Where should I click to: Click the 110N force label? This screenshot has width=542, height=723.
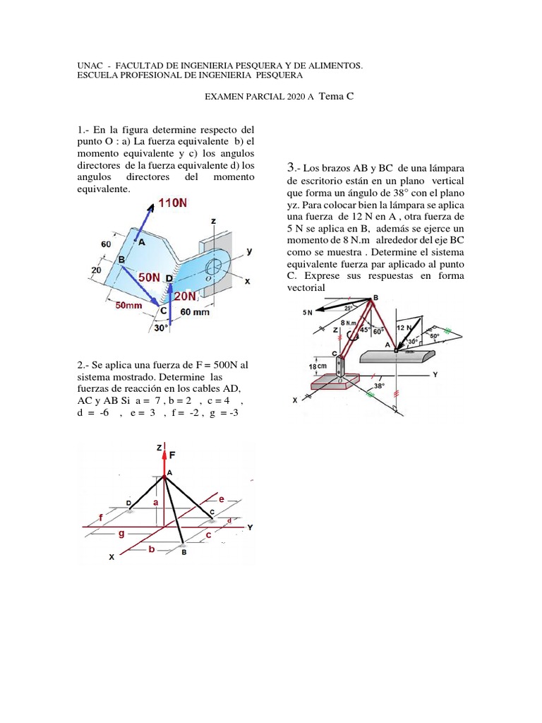pyautogui.click(x=174, y=203)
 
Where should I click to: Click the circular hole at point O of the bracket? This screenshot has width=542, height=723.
pyautogui.click(x=214, y=267)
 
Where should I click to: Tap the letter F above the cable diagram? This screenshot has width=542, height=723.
pyautogui.click(x=172, y=457)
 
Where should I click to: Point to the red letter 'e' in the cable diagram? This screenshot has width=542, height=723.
pyautogui.click(x=222, y=499)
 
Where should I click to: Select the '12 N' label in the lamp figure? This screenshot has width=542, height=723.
pyautogui.click(x=404, y=328)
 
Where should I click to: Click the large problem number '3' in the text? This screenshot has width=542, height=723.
pyautogui.click(x=290, y=167)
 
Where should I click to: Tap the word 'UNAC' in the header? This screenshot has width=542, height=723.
pyautogui.click(x=89, y=65)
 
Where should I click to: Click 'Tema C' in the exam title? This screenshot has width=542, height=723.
pyautogui.click(x=336, y=98)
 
